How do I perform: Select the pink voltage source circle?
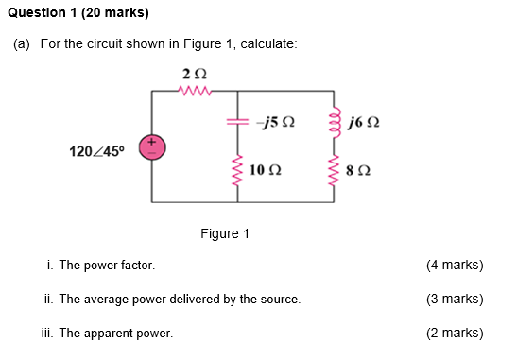[x=151, y=146]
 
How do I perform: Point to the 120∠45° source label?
[x=97, y=150]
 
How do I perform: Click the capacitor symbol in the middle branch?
[x=236, y=122]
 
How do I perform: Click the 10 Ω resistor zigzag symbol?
[x=236, y=170]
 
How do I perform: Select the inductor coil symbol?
[x=332, y=122]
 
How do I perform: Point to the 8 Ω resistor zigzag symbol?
[x=332, y=171]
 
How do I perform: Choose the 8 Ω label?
[x=359, y=171]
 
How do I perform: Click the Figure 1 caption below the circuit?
[x=225, y=233]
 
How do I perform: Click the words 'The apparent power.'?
[x=114, y=334]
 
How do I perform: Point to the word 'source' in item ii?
[x=280, y=300]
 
